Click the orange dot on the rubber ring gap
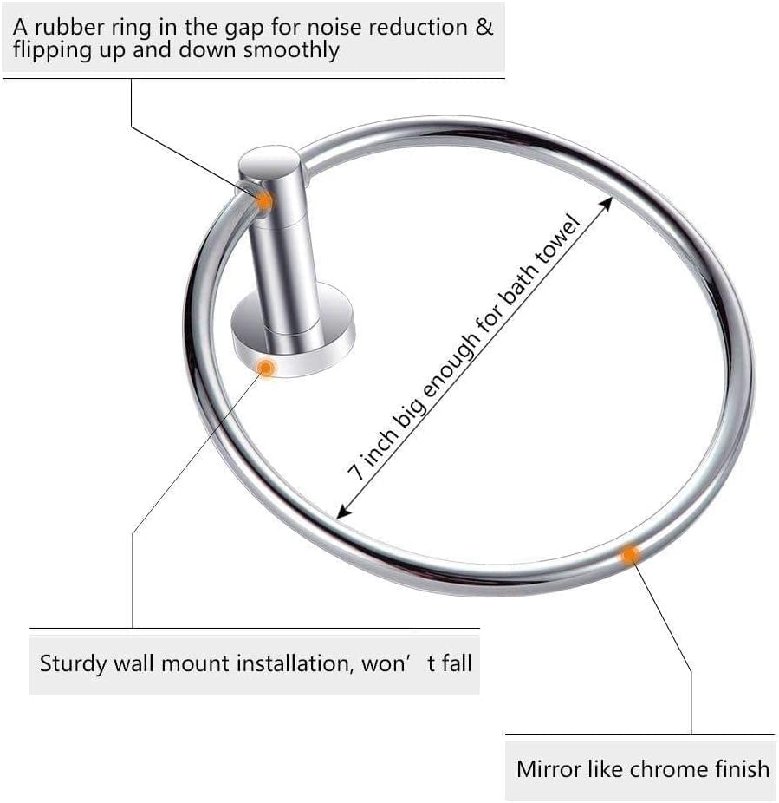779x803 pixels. point(265,200)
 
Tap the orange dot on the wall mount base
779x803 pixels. point(268,368)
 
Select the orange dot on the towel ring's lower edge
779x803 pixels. point(631,552)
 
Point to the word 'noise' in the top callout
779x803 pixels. point(309,26)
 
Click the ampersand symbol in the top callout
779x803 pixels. point(484,26)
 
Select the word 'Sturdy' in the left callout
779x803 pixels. point(73,664)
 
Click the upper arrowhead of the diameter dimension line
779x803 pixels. point(608,202)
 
